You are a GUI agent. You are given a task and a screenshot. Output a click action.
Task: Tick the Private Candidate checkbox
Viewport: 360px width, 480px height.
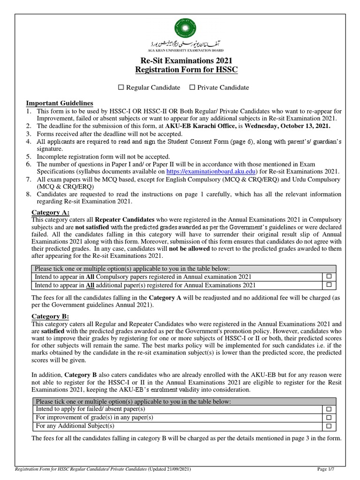pos(192,88)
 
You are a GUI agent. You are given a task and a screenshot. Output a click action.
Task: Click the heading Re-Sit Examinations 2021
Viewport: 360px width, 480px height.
pos(180,61)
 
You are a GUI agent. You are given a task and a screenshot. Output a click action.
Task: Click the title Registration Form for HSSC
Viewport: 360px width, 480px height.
pos(180,71)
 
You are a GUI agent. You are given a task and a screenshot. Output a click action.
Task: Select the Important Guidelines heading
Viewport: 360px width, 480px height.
pos(59,103)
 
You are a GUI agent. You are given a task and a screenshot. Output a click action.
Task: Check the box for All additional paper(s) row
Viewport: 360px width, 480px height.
pos(328,285)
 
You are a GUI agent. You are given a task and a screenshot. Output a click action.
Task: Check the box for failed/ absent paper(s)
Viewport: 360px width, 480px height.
pos(328,410)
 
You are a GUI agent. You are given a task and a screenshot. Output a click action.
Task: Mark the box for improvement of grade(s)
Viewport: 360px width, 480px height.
pos(328,418)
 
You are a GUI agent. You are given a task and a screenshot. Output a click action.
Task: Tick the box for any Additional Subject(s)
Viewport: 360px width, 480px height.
pos(328,426)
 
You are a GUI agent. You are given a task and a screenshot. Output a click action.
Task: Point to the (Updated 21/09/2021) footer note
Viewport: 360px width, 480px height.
pos(169,469)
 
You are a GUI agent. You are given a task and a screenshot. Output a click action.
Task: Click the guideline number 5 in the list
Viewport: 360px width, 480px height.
pos(28,156)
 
